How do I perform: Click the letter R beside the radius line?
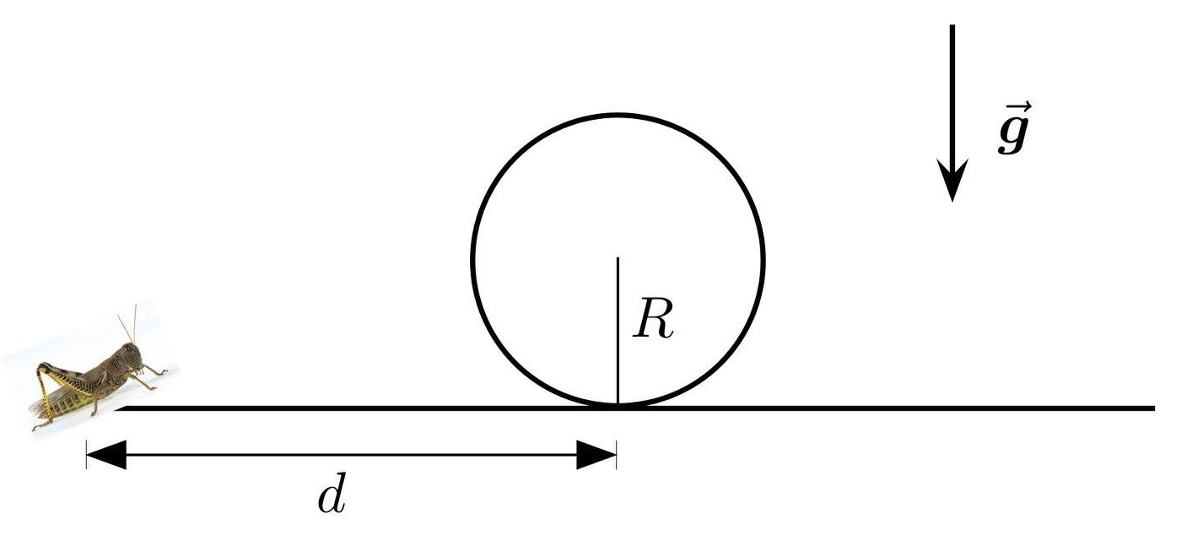click(655, 320)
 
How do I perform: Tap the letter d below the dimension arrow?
click(332, 498)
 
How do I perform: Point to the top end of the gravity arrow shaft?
click(952, 27)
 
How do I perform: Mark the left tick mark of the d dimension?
click(86, 456)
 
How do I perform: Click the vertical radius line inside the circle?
click(618, 338)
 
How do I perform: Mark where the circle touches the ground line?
click(618, 407)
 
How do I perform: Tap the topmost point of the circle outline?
click(618, 114)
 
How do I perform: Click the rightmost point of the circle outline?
click(763, 260)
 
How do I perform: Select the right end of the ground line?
click(1152, 408)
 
